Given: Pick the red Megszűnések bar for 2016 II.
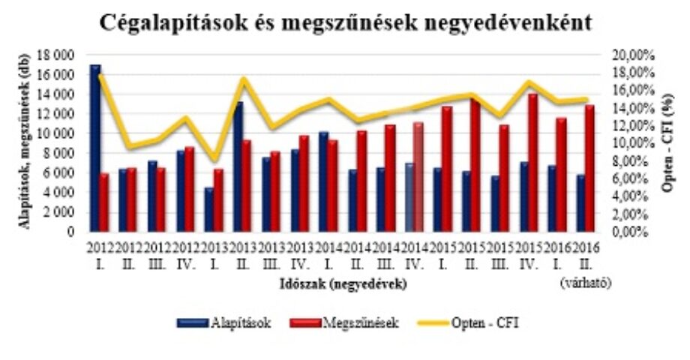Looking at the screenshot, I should [589, 168].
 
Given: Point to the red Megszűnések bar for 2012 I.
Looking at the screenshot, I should [104, 202].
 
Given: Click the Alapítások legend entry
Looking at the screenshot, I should [224, 322].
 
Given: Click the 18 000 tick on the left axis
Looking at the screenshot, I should [62, 55].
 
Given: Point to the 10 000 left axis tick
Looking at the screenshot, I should [62, 133].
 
